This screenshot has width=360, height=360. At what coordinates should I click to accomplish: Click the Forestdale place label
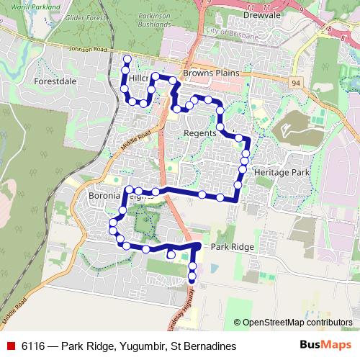tap(55, 82)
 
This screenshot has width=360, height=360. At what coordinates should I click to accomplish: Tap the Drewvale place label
tap(242, 14)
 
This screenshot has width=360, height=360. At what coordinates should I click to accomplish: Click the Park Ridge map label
tap(233, 247)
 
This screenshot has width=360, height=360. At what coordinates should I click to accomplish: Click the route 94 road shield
tap(295, 84)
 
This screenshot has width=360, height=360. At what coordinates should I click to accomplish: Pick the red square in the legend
tap(11, 346)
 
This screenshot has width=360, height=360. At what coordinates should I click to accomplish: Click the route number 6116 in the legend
tap(35, 346)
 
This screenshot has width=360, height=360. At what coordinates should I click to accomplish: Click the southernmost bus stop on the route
tap(192, 279)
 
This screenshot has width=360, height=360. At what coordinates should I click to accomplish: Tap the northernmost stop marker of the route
tap(127, 59)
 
